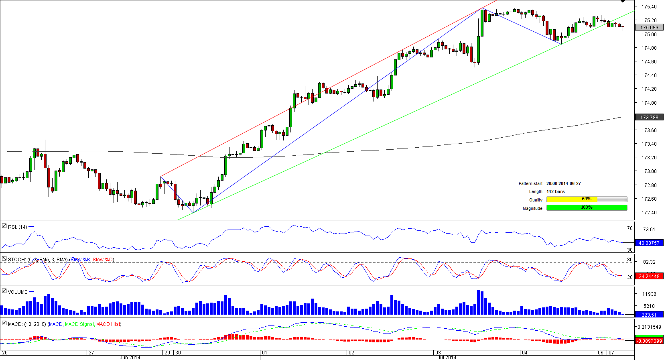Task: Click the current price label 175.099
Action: tap(649, 28)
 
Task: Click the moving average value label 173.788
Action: tap(649, 118)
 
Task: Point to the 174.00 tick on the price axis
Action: tap(649, 103)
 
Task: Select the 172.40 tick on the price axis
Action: tap(649, 213)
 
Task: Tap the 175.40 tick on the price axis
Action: tap(649, 7)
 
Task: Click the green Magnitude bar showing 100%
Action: tap(586, 207)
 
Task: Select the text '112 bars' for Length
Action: tap(555, 192)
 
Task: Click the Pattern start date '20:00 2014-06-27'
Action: tap(563, 184)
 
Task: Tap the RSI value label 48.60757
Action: tap(649, 243)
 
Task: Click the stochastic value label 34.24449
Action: tap(649, 277)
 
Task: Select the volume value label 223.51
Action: tap(649, 315)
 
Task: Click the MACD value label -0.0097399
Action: tap(649, 341)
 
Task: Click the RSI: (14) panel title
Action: tap(17, 227)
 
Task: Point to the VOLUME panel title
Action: tap(18, 292)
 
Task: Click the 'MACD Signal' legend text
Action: tap(79, 324)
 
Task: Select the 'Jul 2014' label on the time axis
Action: tap(447, 358)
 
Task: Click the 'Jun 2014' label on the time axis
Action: tap(130, 358)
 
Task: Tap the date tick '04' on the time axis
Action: tap(525, 353)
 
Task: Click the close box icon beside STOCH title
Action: tap(4, 259)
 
